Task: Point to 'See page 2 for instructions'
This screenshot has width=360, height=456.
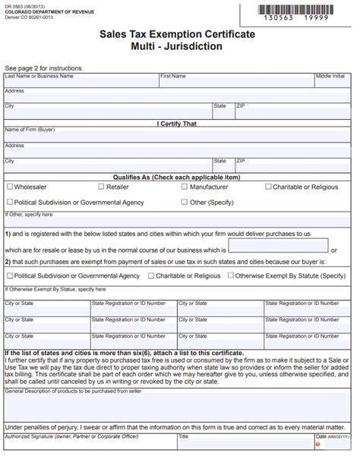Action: (43, 68)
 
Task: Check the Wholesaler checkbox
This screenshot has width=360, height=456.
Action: (9, 187)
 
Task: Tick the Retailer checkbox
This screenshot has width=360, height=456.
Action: (100, 187)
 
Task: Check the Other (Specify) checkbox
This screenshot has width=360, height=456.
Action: (185, 203)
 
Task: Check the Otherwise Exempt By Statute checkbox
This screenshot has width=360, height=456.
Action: (229, 275)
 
